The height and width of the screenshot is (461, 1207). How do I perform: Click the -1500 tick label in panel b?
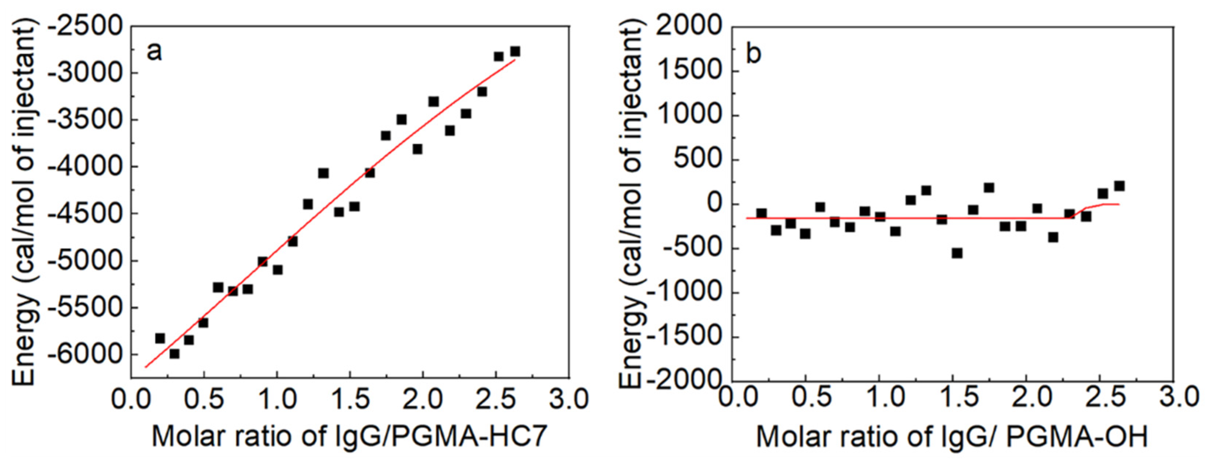click(x=682, y=337)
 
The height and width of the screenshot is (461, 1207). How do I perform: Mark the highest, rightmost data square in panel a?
click(x=515, y=51)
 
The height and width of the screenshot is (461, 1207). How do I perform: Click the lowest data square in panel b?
click(x=957, y=253)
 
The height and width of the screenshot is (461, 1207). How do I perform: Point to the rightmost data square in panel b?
click(x=1119, y=186)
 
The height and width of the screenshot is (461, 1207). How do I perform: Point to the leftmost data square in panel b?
click(x=762, y=214)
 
